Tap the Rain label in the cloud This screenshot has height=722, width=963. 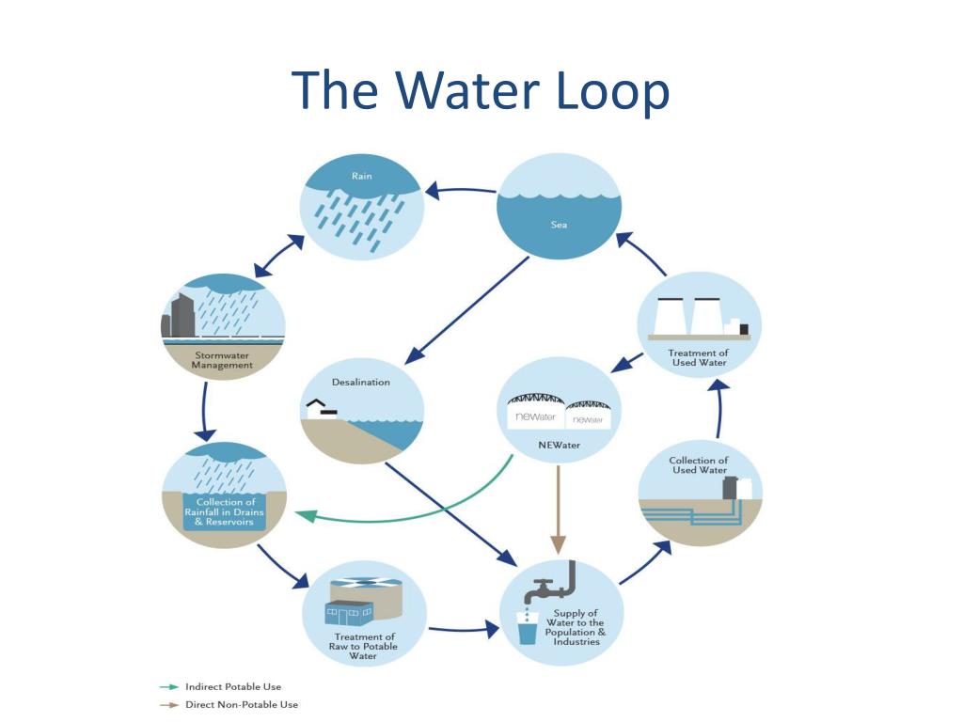pyautogui.click(x=362, y=176)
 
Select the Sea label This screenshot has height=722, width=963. pyautogui.click(x=559, y=225)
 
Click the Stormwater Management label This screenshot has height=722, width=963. pyautogui.click(x=223, y=360)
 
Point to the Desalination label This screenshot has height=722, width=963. pyautogui.click(x=360, y=383)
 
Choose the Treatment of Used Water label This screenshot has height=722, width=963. pyautogui.click(x=699, y=357)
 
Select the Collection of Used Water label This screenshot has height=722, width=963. pyautogui.click(x=699, y=464)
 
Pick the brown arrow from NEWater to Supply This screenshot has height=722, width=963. pyautogui.click(x=558, y=508)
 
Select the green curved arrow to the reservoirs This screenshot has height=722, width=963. pyautogui.click(x=404, y=512)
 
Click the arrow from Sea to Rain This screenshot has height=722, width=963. pyautogui.click(x=460, y=190)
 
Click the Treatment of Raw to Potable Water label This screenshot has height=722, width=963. pyautogui.click(x=362, y=647)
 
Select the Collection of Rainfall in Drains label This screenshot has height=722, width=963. pyautogui.click(x=224, y=512)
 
